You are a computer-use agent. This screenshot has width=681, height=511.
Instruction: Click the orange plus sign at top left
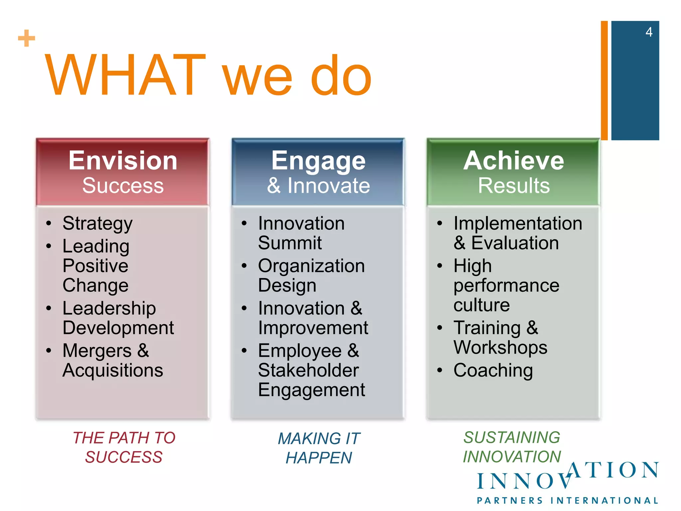(27, 38)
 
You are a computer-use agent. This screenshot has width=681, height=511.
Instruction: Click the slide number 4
(649, 32)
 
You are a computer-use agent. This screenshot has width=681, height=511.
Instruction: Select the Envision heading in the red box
(123, 161)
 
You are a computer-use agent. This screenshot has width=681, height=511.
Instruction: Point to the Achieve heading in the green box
(514, 161)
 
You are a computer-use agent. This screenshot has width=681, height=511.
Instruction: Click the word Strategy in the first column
(97, 223)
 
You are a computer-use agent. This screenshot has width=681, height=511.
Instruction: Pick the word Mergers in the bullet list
(97, 351)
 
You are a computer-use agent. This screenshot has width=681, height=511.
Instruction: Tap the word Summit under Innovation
(290, 243)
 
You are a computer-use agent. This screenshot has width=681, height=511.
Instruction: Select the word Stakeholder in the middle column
(308, 370)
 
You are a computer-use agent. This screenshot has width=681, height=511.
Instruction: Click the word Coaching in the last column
(493, 370)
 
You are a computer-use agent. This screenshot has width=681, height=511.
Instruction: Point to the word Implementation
(518, 223)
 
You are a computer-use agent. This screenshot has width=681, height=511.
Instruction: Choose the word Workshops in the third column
(500, 348)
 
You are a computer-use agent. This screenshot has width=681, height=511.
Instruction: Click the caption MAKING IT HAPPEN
(319, 448)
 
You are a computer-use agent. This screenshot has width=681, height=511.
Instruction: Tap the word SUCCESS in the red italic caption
(124, 457)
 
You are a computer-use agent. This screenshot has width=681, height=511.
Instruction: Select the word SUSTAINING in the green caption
(512, 437)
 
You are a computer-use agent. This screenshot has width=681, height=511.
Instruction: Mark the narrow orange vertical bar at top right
(604, 80)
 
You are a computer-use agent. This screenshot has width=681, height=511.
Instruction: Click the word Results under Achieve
(514, 186)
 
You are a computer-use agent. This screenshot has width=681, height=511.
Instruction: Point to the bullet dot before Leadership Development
(49, 308)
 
